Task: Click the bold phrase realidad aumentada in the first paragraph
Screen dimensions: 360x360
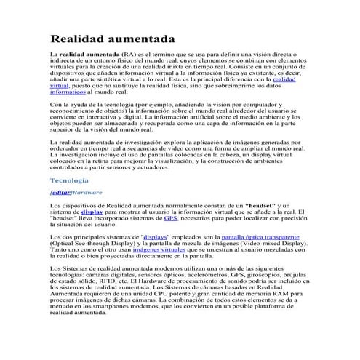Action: tap(88, 55)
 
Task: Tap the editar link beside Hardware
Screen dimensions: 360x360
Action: tap(60, 193)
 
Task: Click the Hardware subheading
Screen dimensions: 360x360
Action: tap(87, 193)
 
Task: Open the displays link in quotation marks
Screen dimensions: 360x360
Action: tap(156, 238)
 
